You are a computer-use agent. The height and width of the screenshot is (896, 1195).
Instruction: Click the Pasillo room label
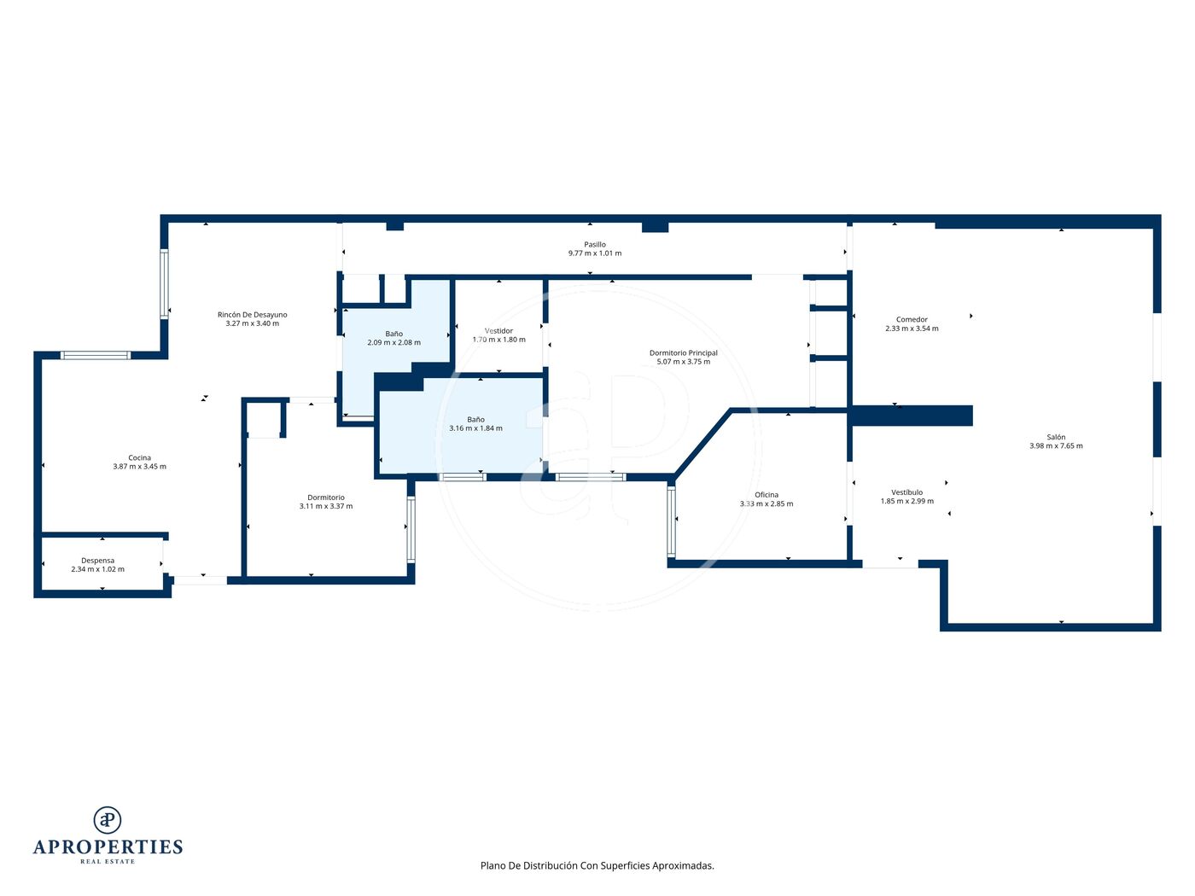594,245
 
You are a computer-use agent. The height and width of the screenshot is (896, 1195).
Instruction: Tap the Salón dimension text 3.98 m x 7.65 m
1056,446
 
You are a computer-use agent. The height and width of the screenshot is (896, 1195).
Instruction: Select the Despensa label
97,561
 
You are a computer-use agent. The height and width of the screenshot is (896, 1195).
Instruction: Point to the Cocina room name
139,458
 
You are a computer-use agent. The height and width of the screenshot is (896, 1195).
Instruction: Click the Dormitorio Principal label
683,353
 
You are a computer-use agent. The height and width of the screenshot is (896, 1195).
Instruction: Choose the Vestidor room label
498,331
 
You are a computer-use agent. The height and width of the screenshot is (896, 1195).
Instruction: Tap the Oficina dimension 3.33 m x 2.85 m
766,504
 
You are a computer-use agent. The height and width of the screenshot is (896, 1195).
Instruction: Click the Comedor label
912,320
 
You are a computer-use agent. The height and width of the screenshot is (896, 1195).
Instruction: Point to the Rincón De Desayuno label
252,315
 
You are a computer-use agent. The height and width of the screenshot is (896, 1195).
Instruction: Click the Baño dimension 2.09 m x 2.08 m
393,343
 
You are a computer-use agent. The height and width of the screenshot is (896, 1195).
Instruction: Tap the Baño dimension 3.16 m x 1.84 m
475,428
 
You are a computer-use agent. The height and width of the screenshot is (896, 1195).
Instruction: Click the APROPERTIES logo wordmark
108,847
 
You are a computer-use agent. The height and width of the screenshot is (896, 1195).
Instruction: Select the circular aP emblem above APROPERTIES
108,820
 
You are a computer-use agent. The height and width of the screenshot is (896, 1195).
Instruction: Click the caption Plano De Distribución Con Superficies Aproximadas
597,865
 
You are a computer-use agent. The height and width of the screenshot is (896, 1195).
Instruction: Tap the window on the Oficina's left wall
671,521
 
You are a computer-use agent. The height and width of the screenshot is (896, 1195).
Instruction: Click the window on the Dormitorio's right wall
411,530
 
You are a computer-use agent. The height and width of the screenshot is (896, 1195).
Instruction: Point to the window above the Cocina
96,356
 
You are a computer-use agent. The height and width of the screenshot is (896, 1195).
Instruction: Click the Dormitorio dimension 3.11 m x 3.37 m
325,507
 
